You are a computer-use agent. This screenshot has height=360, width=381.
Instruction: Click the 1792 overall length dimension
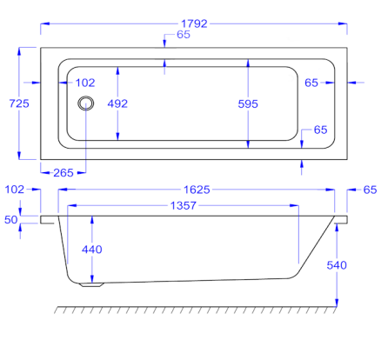(x=194, y=23)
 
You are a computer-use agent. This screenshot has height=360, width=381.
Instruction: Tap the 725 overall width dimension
(x=19, y=103)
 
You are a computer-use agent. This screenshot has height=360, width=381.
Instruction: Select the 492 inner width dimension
(x=117, y=103)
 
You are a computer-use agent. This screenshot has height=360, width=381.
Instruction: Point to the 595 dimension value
(x=248, y=104)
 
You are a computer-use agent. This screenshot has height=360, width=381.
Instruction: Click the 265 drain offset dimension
(x=63, y=173)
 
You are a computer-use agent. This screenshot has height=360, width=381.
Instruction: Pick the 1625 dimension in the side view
(x=197, y=190)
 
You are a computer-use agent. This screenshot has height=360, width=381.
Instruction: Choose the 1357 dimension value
(x=184, y=206)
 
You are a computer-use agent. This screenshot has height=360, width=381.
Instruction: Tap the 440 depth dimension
(x=92, y=250)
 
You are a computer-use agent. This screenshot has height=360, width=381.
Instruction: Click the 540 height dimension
(x=337, y=265)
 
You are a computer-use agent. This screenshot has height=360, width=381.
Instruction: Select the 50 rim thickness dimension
(x=11, y=220)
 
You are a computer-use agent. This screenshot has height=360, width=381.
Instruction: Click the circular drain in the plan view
(x=86, y=103)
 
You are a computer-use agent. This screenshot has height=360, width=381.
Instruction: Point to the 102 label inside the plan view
(x=85, y=83)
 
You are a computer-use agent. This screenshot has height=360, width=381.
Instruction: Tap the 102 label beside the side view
(x=15, y=190)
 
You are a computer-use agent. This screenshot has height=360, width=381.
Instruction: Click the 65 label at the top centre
(x=184, y=35)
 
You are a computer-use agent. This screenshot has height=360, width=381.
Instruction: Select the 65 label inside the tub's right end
(x=311, y=83)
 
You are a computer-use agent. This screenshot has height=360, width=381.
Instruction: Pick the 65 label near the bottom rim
(x=321, y=130)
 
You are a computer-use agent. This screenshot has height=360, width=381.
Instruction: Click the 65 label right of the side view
(x=371, y=190)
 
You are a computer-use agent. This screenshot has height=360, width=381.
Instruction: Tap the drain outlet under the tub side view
(x=92, y=285)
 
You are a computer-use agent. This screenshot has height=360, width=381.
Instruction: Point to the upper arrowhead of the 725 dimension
(x=19, y=51)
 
